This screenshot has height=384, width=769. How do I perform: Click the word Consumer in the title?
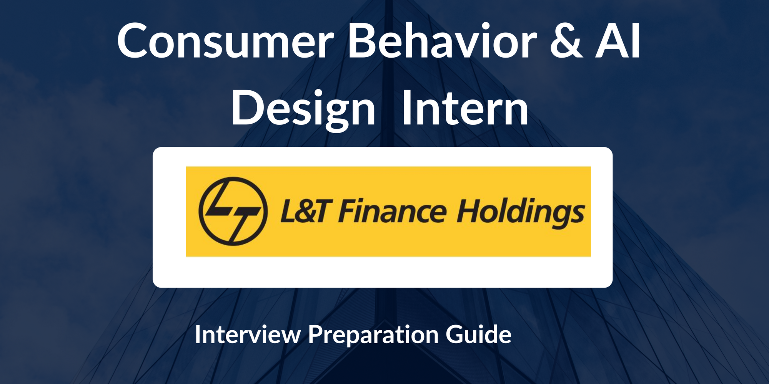click(225, 41)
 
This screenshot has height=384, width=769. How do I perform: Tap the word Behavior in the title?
click(442, 41)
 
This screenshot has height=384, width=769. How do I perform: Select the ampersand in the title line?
click(566, 41)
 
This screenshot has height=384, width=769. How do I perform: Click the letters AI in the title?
click(618, 41)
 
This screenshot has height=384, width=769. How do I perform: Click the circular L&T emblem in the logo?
click(233, 211)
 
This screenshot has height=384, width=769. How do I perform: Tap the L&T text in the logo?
click(304, 211)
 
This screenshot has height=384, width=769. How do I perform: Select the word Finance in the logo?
click(392, 211)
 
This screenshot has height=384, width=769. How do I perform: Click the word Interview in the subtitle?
click(248, 335)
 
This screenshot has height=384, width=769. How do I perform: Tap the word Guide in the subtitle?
click(478, 335)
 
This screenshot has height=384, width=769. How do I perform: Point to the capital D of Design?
click(246, 108)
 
